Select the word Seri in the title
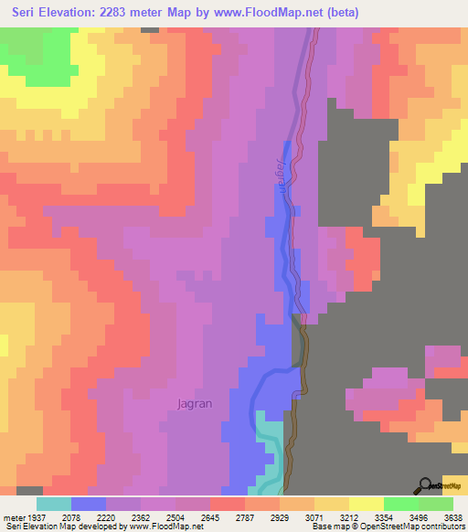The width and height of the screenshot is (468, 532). coord(27,13)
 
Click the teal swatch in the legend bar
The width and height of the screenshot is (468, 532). coord(54,504)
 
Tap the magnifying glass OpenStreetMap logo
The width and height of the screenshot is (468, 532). coord(425,485)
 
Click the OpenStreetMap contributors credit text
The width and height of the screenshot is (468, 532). coord(412,527)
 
